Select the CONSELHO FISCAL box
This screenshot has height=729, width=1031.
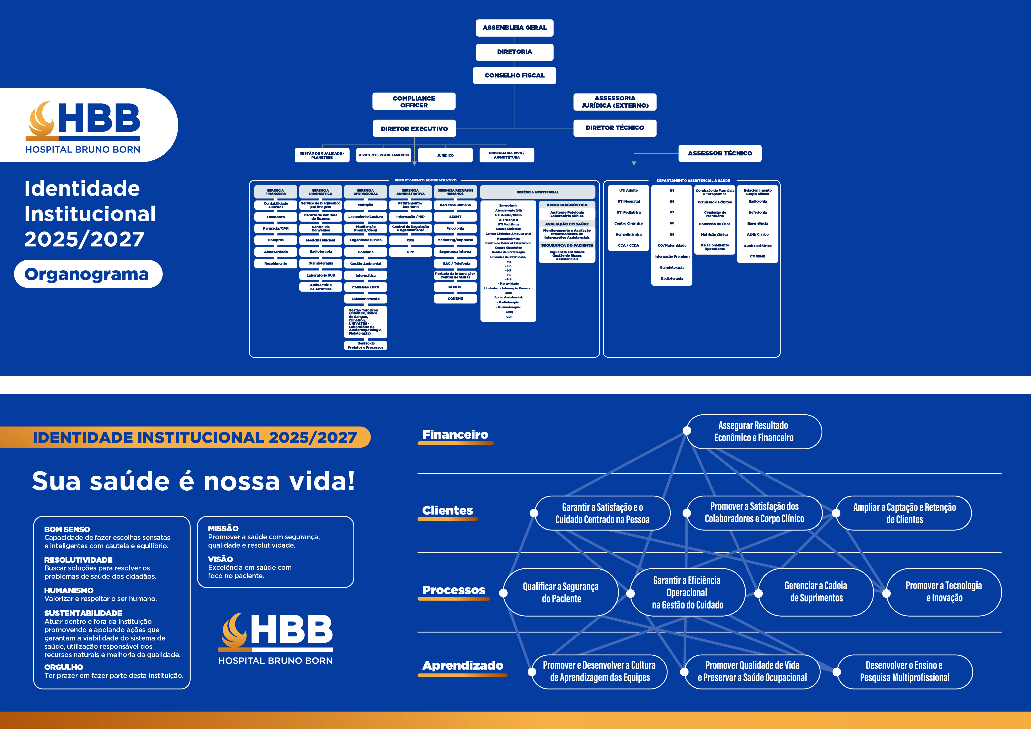(515, 75)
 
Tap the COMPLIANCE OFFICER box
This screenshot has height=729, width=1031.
(414, 101)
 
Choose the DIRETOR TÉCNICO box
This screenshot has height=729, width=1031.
(615, 128)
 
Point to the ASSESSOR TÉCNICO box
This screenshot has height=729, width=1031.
(720, 153)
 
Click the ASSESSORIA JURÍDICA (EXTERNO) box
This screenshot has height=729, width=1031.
(615, 102)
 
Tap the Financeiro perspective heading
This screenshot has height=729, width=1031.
(455, 435)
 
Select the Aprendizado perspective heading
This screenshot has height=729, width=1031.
(463, 665)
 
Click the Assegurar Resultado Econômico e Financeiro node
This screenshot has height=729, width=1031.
(754, 431)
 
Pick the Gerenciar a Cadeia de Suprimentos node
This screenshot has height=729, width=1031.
(816, 592)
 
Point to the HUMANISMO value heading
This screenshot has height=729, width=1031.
(69, 590)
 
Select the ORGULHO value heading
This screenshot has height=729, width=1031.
(64, 667)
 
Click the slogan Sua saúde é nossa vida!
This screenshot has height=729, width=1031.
(193, 481)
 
